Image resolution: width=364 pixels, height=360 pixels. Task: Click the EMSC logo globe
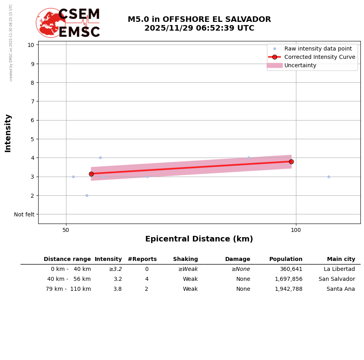tap(51, 23)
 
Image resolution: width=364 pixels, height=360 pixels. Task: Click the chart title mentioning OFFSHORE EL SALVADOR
tap(199, 24)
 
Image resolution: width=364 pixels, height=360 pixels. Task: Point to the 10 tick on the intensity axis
tap(31, 45)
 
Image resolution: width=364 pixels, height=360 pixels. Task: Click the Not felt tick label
tap(24, 214)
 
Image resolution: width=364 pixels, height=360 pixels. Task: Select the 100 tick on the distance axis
tap(296, 230)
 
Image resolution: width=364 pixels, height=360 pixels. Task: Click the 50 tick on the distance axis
tap(66, 230)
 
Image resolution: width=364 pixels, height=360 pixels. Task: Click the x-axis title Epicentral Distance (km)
tap(199, 239)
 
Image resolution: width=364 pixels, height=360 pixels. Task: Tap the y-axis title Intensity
tap(8, 133)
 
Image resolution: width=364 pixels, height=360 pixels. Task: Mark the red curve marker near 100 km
tap(291, 162)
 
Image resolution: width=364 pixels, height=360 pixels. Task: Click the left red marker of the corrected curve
tap(91, 174)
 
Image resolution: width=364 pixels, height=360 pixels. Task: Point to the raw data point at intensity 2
tap(87, 195)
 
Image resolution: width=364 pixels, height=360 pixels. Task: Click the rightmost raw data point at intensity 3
tap(329, 177)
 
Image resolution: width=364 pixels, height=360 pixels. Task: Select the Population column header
tap(286, 259)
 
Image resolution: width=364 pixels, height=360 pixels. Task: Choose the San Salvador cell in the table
tap(337, 279)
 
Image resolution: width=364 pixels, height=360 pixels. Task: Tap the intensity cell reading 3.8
tap(117, 289)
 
